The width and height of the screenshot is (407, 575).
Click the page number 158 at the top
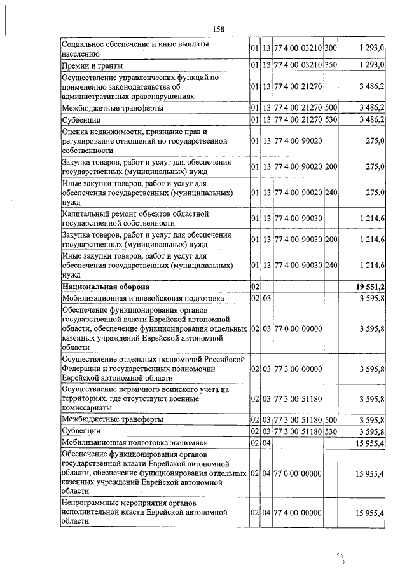pos(219,29)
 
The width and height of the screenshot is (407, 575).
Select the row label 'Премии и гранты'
pos(92,65)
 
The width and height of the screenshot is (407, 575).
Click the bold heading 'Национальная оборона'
pos(106,287)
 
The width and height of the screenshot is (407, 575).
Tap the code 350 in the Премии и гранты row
pos(331,65)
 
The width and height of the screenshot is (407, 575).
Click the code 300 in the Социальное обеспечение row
pos(331,49)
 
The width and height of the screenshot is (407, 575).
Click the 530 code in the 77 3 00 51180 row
pos(331,431)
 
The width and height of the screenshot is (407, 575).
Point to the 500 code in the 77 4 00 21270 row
pos(331,107)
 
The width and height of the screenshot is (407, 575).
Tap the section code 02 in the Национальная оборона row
pos(256,287)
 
